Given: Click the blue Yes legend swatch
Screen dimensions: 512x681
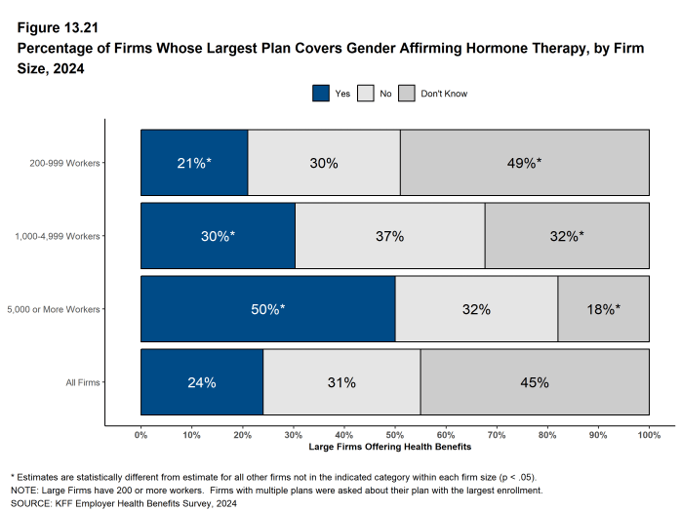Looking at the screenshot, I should (x=321, y=94).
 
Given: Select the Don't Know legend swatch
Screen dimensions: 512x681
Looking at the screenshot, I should (x=407, y=94).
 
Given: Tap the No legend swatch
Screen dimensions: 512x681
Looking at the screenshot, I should (x=366, y=94).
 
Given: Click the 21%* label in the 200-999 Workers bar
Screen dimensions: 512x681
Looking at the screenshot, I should (x=194, y=163).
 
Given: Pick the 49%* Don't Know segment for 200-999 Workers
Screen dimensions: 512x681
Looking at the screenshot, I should (x=525, y=163).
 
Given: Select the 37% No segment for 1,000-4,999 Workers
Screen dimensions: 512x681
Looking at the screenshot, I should (x=389, y=236).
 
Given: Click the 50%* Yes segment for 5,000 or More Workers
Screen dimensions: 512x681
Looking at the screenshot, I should (x=268, y=309).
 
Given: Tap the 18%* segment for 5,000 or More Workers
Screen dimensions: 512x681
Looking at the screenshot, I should (x=603, y=309).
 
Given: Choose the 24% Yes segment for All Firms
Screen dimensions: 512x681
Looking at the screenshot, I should (x=202, y=382).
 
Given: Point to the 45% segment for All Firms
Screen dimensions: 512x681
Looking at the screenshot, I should (x=535, y=382).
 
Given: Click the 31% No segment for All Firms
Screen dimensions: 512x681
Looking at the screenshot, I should (x=341, y=382).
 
